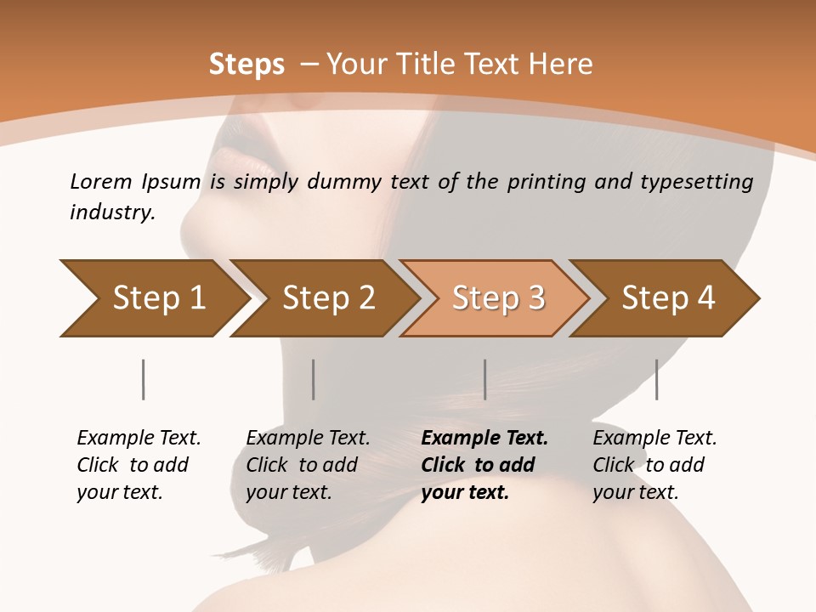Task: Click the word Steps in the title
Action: tap(246, 65)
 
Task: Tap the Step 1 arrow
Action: tap(153, 298)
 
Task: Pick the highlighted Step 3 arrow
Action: tap(496, 298)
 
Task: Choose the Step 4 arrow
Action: tap(666, 298)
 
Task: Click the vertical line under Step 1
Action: tap(143, 379)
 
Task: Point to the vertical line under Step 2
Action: tap(314, 379)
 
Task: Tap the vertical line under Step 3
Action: tap(484, 379)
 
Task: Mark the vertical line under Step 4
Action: tap(656, 379)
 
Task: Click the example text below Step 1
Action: tap(138, 465)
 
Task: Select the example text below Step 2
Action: tap(307, 465)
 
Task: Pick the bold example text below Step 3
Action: tap(484, 465)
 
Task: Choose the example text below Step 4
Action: tap(654, 465)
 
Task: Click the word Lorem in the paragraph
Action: tap(100, 181)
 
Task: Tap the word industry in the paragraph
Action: tap(112, 212)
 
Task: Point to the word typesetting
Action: tap(703, 182)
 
